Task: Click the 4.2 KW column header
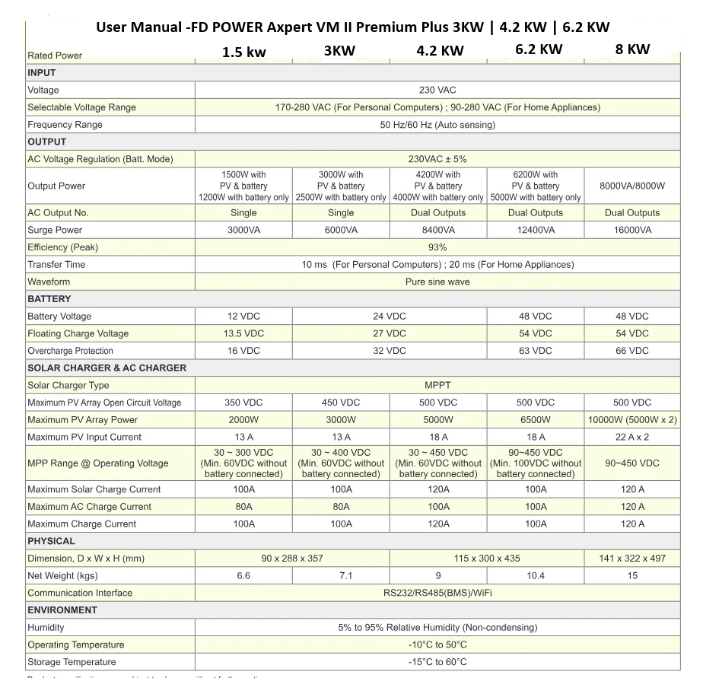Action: tap(440, 51)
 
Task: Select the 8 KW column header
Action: tap(632, 49)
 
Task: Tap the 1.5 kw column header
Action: tap(243, 53)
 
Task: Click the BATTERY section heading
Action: tap(49, 299)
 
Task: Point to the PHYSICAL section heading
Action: tap(51, 541)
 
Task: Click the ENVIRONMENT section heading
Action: tap(62, 610)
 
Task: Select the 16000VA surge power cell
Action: tap(632, 230)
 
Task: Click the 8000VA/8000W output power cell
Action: tap(632, 186)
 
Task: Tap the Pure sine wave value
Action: tap(437, 282)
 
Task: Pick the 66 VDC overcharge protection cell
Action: tap(632, 351)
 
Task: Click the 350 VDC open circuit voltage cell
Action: tap(243, 403)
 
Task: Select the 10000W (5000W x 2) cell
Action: tap(632, 420)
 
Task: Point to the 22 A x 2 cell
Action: tap(632, 437)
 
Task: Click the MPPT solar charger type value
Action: tap(437, 385)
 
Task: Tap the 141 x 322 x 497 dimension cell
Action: tap(632, 559)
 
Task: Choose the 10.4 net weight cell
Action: tap(536, 576)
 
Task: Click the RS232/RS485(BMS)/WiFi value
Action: tap(437, 593)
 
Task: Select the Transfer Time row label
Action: tap(56, 265)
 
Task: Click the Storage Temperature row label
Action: tap(72, 662)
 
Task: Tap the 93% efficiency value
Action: tap(437, 247)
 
